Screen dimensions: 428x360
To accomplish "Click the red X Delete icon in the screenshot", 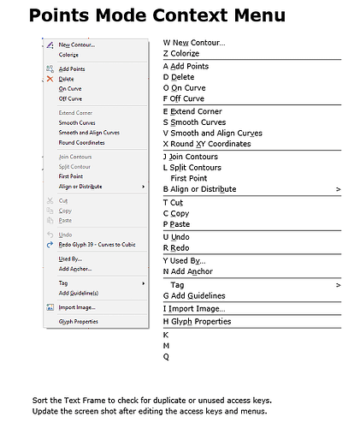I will pos(50,79).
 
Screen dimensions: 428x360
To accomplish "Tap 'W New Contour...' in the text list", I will pos(194,42).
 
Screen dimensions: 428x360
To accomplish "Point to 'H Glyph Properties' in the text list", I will pos(197,322).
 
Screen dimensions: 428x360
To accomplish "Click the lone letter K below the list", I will pos(165,335).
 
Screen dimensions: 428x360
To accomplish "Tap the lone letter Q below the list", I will pos(166,357).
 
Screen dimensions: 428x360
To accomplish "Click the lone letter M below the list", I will pos(166,346).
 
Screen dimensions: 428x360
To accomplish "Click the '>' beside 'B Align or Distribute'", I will pos(338,189).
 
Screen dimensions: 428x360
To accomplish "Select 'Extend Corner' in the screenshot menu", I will pos(75,112).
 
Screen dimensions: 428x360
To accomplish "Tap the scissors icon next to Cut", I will pos(50,200).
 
